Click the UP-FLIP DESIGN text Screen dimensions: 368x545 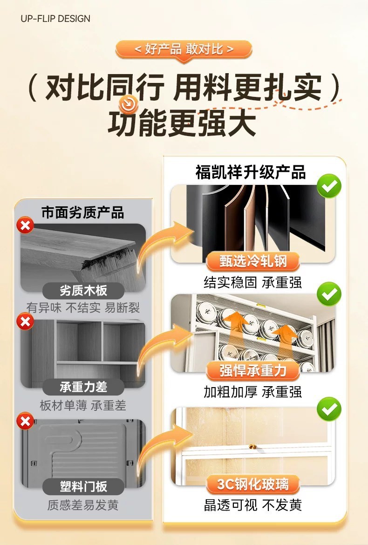tap(55, 19)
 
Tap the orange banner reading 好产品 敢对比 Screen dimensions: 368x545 tap(184, 50)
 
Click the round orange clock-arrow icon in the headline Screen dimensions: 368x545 tap(128, 103)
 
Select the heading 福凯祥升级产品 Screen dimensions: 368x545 tap(251, 172)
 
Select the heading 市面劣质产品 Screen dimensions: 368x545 tap(83, 212)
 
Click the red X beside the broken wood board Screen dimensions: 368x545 tap(25, 226)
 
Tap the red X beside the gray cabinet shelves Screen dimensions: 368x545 tap(25, 321)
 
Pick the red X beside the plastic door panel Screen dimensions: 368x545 tap(25, 422)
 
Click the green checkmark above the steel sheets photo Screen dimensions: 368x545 tap(329, 186)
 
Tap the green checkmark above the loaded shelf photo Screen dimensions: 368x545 tap(329, 294)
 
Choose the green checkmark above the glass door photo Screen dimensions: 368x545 tap(329, 409)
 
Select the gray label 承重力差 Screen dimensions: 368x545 tap(83, 387)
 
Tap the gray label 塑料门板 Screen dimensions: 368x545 tap(83, 487)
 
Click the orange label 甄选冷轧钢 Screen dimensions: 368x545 tap(253, 261)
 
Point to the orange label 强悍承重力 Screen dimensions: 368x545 tap(253, 370)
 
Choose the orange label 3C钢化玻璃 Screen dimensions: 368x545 tap(253, 484)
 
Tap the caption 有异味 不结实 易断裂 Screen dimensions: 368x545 tap(83, 307)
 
